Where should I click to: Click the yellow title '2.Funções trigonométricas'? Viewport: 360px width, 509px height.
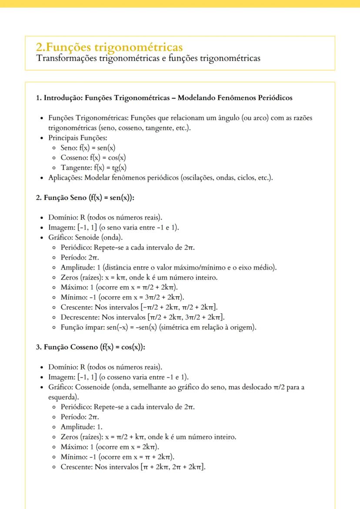point(109,47)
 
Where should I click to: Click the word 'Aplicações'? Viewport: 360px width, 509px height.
point(65,177)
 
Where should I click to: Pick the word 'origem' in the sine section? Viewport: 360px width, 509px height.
point(241,327)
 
